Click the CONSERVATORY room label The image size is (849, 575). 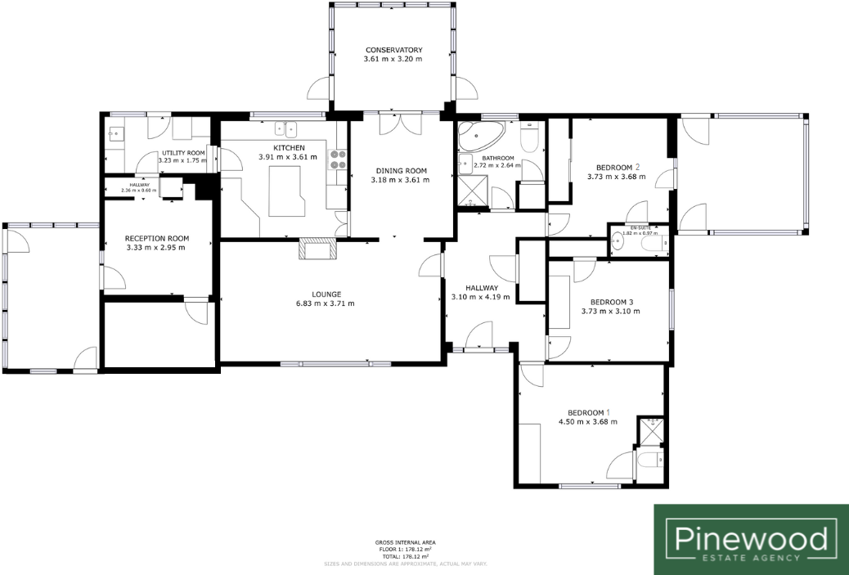click(x=393, y=50)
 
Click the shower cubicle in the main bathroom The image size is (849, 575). click(x=473, y=195)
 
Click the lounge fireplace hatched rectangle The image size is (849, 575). click(x=317, y=249)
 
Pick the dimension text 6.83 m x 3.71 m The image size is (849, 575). click(x=325, y=304)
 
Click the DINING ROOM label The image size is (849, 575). click(x=400, y=171)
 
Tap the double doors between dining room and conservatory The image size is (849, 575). click(x=401, y=121)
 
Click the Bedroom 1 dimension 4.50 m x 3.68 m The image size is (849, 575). click(x=587, y=422)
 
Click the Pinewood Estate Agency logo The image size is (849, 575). click(x=751, y=540)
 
